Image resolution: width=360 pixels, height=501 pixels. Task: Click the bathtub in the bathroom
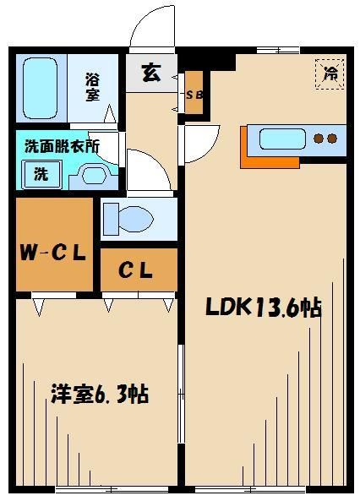(x=39, y=89)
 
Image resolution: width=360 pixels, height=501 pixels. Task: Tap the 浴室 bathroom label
(x=92, y=87)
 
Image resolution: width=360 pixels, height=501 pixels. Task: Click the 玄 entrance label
(x=150, y=74)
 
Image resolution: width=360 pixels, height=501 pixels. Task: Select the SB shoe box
(x=194, y=94)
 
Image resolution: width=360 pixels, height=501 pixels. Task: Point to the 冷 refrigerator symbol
(x=330, y=74)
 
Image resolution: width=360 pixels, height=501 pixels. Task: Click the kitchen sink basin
(x=282, y=138)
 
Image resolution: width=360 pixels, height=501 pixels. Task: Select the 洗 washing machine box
(x=40, y=174)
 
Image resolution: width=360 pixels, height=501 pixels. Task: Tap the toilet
(x=127, y=219)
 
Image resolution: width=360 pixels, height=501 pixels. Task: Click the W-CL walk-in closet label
(x=53, y=252)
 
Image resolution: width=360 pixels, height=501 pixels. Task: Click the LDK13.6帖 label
(x=264, y=308)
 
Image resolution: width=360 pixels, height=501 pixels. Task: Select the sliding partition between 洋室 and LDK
(x=181, y=389)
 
